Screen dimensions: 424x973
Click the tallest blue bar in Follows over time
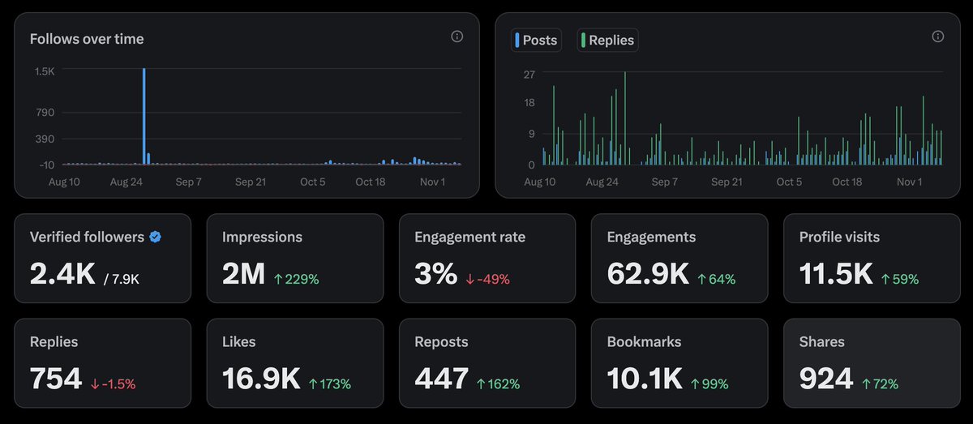[144, 118]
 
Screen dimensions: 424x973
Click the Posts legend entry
[537, 40]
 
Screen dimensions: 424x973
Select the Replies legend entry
[607, 40]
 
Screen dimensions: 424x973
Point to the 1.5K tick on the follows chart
[44, 71]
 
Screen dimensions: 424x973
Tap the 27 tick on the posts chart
[529, 75]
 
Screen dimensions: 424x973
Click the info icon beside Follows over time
[456, 36]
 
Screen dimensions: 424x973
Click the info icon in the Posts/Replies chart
[937, 36]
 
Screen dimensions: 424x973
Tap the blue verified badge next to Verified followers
[155, 237]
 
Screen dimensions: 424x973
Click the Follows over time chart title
[87, 39]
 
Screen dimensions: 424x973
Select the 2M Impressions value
[243, 275]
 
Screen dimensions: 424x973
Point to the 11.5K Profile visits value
[836, 275]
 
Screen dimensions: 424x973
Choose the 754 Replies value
[56, 379]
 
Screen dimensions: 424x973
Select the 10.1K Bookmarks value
[644, 379]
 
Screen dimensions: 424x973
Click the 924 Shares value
[826, 379]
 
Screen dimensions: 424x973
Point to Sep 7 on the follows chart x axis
[189, 182]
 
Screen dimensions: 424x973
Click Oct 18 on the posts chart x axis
[847, 182]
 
